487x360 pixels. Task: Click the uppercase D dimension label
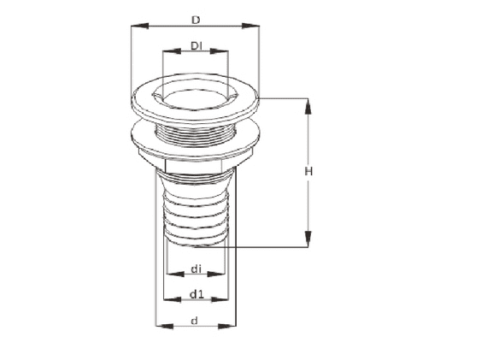click(195, 17)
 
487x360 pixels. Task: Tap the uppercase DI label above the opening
click(196, 45)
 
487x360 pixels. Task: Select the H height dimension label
click(309, 172)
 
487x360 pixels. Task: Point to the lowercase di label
click(196, 269)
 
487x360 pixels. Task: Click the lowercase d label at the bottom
click(195, 321)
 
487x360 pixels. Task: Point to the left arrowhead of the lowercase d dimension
click(161, 326)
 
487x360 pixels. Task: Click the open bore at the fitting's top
click(195, 95)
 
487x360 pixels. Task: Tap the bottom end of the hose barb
click(195, 240)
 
